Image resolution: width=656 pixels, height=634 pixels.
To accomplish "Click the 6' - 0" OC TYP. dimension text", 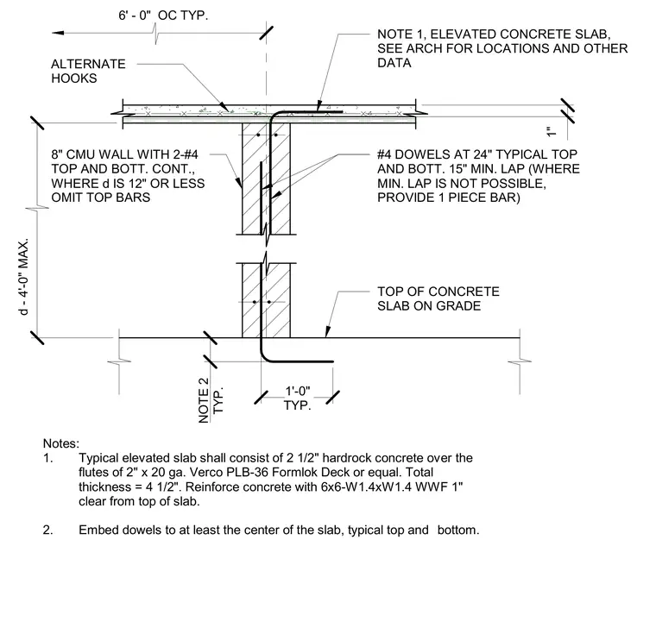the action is pyautogui.click(x=163, y=16).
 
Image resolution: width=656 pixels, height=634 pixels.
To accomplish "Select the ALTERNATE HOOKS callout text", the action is pyautogui.click(x=88, y=71).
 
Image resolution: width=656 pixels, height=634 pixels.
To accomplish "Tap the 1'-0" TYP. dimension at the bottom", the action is pyautogui.click(x=298, y=399).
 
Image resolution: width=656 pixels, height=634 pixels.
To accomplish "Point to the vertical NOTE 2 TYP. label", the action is pyautogui.click(x=211, y=400).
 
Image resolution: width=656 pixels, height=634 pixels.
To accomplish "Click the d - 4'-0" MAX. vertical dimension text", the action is pyautogui.click(x=24, y=277).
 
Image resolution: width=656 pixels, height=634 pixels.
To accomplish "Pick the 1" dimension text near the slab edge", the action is pyautogui.click(x=552, y=132).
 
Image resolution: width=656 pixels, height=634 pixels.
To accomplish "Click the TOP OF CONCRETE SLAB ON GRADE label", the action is pyautogui.click(x=438, y=298).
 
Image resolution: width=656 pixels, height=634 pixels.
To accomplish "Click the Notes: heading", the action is pyautogui.click(x=61, y=443).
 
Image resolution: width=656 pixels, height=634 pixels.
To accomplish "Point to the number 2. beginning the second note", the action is pyautogui.click(x=48, y=530).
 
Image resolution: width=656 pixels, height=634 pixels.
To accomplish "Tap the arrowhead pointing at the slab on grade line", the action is pyautogui.click(x=328, y=331).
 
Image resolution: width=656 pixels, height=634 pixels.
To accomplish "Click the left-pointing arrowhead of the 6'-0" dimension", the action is pyautogui.click(x=58, y=33).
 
